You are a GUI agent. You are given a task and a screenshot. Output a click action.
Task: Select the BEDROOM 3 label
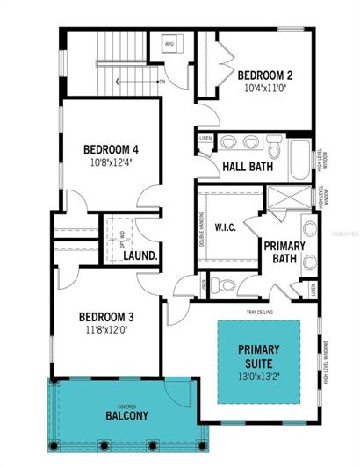pos(106,317)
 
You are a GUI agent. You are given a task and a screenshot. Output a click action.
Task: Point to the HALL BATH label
pos(247,166)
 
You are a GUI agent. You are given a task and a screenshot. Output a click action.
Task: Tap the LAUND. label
pos(140,256)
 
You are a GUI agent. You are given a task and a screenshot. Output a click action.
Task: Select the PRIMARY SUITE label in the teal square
pos(259,356)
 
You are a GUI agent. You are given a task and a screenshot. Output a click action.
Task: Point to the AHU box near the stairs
pos(169,44)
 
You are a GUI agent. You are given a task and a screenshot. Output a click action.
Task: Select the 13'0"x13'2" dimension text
pos(259,377)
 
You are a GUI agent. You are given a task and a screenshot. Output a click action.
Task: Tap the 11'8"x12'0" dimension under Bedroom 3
pos(106,330)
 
